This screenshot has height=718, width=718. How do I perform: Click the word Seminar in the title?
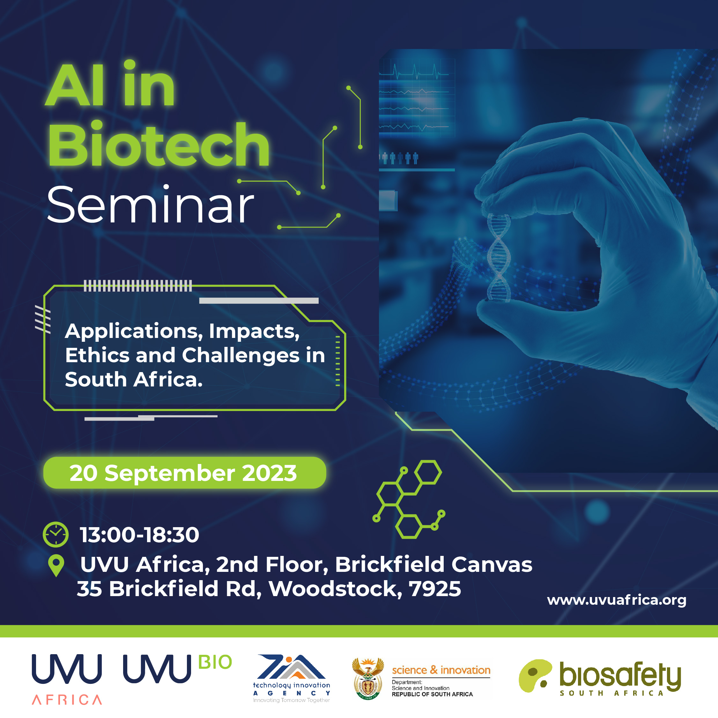150,205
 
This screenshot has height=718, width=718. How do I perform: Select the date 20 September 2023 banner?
185,473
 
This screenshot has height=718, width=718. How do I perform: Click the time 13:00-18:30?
139,535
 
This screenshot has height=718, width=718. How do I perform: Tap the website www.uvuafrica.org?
617,600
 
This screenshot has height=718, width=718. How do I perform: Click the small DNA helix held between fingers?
499,257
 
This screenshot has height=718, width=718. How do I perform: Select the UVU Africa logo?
67,679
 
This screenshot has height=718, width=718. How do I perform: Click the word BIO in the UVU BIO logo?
215,662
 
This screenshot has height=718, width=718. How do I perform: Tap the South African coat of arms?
368,678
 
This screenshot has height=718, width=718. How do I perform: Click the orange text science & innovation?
441,670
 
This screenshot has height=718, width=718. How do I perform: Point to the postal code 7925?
435,589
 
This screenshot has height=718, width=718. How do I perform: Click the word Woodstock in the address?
336,589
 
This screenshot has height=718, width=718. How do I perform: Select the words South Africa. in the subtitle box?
134,379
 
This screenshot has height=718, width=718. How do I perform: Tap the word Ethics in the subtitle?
97,355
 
